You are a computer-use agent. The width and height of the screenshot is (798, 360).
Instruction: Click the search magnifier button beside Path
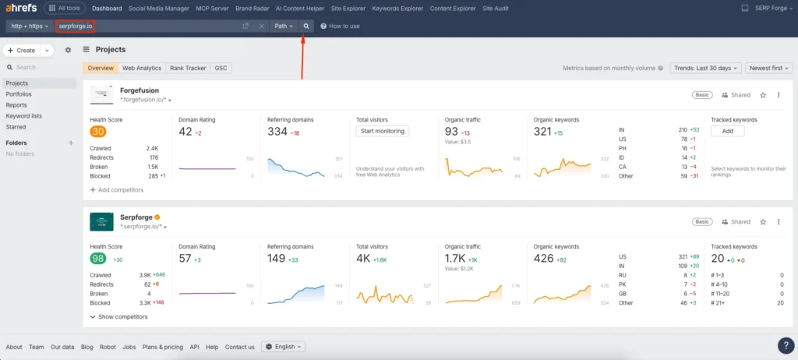[x=306, y=26]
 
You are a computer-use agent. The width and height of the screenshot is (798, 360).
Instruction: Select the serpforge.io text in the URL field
[x=76, y=26]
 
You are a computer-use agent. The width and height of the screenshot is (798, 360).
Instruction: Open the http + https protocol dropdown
[x=29, y=26]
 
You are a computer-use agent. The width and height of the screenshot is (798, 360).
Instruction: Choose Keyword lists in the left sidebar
[x=23, y=115]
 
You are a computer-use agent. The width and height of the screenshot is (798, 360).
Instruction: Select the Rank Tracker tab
[x=187, y=68]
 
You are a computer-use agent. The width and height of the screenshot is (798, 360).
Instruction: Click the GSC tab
[x=221, y=68]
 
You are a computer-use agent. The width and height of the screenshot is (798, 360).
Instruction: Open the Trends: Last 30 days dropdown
[x=705, y=68]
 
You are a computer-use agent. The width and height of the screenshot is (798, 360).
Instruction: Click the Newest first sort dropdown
[x=768, y=68]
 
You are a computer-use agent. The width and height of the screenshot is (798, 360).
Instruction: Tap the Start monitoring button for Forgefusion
[x=382, y=131]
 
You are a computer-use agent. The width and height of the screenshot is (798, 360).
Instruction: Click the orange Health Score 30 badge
[x=98, y=131]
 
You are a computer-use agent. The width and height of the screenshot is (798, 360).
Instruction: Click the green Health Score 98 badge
[x=98, y=258]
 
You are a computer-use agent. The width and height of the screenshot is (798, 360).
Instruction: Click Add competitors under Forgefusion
[x=117, y=189]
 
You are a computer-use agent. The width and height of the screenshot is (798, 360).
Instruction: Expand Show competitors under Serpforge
[x=118, y=316]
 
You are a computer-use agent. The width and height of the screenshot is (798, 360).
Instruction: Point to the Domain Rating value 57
[x=185, y=258]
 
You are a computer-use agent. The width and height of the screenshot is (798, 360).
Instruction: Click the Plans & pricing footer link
[x=162, y=347]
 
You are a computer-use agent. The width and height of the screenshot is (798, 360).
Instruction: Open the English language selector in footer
[x=284, y=347]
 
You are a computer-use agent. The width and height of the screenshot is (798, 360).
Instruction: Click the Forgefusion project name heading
[x=139, y=90]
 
